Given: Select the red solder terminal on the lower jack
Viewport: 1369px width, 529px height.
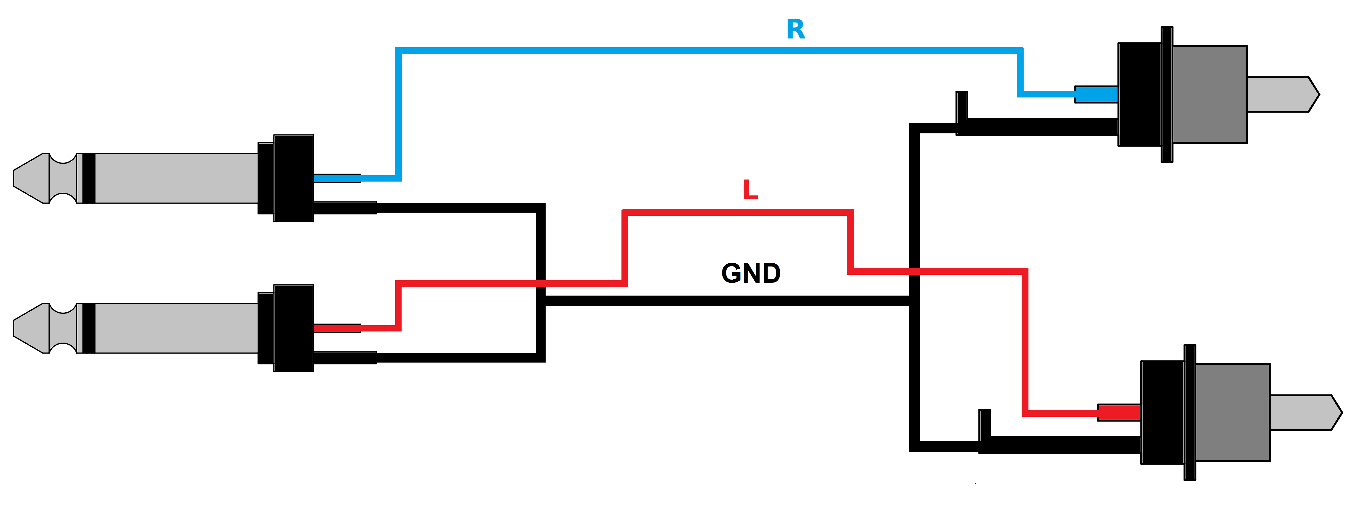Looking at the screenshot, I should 337,328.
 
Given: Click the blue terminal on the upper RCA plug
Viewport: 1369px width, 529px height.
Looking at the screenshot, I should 1096,95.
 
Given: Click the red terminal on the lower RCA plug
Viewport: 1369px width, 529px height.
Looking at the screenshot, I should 1119,413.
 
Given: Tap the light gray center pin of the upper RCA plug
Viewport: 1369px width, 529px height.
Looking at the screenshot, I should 1281,95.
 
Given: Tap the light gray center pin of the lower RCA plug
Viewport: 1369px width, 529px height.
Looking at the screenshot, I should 1304,413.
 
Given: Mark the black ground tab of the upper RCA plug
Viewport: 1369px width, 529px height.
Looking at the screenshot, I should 962,106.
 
